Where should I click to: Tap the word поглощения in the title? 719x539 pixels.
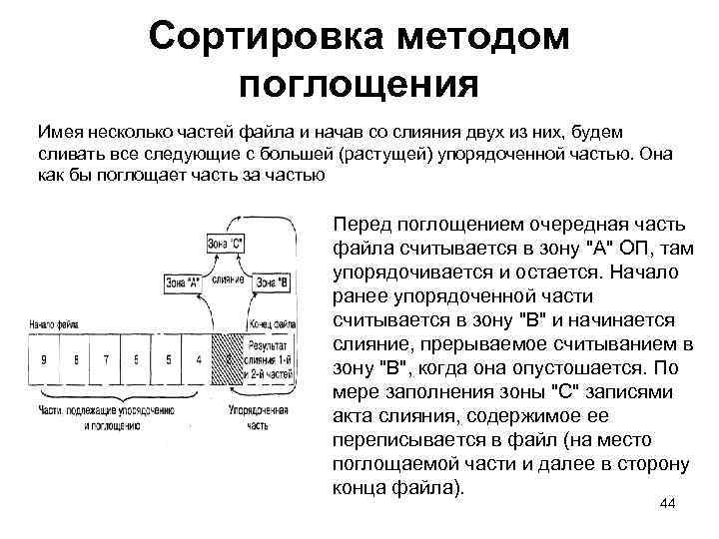pyautogui.click(x=359, y=85)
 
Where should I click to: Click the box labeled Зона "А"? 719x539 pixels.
pyautogui.click(x=184, y=283)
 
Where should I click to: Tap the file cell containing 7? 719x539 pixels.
pyautogui.click(x=107, y=357)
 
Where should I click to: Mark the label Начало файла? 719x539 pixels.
pyautogui.click(x=55, y=324)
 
